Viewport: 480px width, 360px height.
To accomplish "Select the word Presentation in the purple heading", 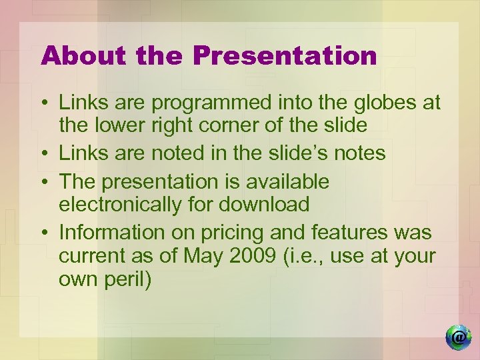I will (x=285, y=56).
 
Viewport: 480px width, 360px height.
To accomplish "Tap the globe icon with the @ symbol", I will (x=458, y=337).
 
